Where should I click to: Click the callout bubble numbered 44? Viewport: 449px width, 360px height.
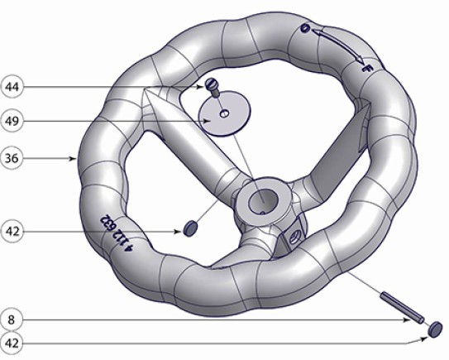pyautogui.click(x=12, y=87)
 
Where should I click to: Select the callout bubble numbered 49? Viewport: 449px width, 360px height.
pyautogui.click(x=12, y=122)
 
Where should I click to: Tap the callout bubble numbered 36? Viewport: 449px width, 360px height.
pyautogui.click(x=12, y=158)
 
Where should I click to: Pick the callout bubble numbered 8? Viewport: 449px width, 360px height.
pyautogui.click(x=12, y=320)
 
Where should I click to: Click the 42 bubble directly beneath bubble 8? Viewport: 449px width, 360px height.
pyautogui.click(x=12, y=343)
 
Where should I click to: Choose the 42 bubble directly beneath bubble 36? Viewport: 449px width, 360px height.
pyautogui.click(x=12, y=231)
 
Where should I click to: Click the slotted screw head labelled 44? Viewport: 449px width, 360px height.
pyautogui.click(x=212, y=84)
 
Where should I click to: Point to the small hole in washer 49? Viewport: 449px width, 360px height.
pyautogui.click(x=224, y=113)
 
